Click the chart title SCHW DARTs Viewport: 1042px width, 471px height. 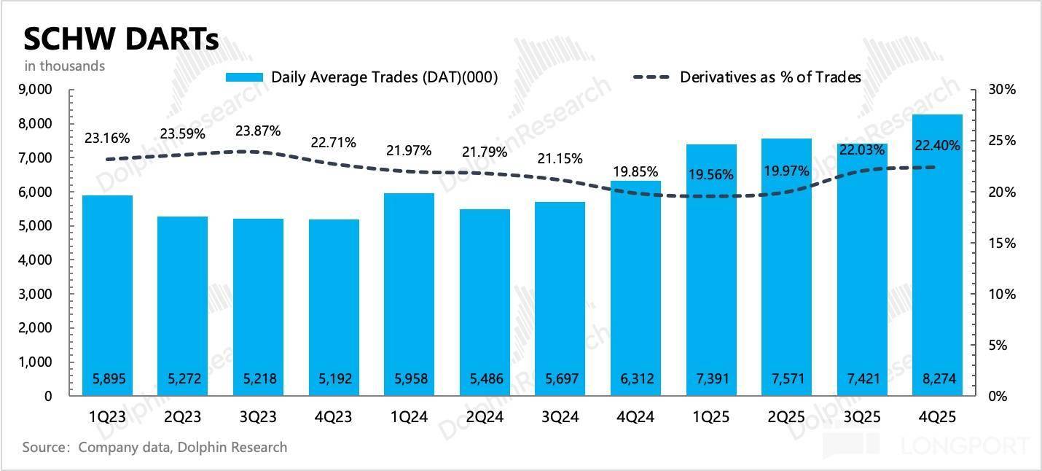pyautogui.click(x=121, y=39)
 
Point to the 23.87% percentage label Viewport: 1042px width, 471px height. pyautogui.click(x=259, y=131)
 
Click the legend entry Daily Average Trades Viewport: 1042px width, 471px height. pyautogui.click(x=362, y=77)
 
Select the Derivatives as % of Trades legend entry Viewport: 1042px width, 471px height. pyautogui.click(x=747, y=77)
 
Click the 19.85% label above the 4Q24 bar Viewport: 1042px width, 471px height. pyautogui.click(x=636, y=172)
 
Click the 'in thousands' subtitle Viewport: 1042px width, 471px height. pyautogui.click(x=65, y=66)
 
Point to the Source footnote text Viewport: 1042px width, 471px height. pyautogui.click(x=154, y=447)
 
